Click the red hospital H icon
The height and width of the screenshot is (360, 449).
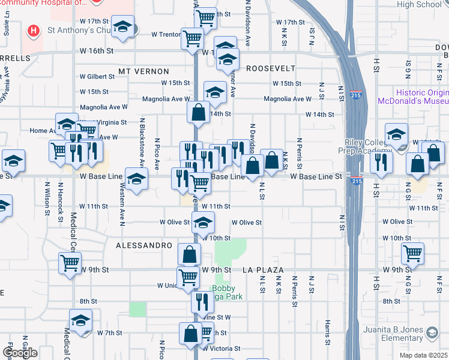[x=33, y=29]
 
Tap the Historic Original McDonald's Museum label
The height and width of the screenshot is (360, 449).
[x=413, y=97]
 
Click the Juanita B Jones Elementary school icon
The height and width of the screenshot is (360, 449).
[x=432, y=332]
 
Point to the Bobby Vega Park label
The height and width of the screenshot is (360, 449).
[x=226, y=292]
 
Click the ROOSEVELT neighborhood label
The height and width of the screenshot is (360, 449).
[x=271, y=68]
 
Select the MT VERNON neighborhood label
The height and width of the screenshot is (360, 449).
[x=141, y=71]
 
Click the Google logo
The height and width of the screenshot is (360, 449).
[x=20, y=353]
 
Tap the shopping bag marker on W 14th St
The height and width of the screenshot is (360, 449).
[x=198, y=112]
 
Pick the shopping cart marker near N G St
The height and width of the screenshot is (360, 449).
[x=412, y=254]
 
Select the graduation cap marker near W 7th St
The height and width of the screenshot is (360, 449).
[x=80, y=321]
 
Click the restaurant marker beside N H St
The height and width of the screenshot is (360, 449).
[x=382, y=161]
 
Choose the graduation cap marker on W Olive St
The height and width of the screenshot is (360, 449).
[x=203, y=223]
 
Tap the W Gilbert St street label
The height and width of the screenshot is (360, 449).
[x=98, y=77]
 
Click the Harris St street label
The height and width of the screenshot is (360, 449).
[x=328, y=329]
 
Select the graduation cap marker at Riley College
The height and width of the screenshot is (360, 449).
[x=396, y=134]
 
